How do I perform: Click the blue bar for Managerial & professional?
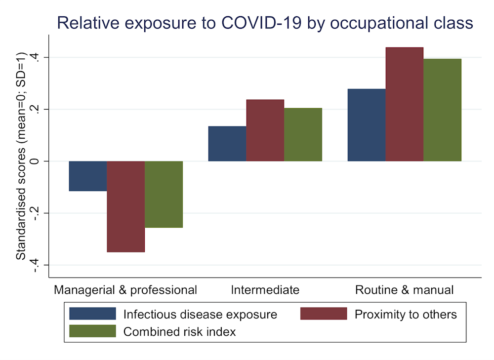coord(88,176)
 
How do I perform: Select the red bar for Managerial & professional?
coord(126,206)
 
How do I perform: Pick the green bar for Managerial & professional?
coord(164,194)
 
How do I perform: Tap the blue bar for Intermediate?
coord(227,144)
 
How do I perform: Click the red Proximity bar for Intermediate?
coord(265,130)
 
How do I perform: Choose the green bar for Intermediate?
coord(303,134)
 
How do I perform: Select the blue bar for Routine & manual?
coord(367,125)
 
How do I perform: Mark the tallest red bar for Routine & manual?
coord(405,104)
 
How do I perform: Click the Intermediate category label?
coord(265,290)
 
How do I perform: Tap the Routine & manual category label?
coord(404,290)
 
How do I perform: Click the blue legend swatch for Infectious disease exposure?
coord(92,314)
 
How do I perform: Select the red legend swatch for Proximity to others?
coord(324,314)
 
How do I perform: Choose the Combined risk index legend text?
coord(179,332)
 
